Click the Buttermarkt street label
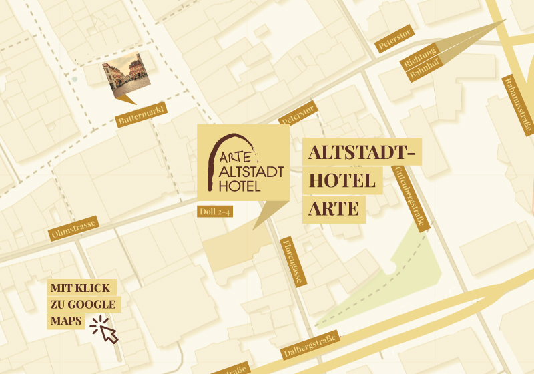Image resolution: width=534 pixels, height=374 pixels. click(x=141, y=115)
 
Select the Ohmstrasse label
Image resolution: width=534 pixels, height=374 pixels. click(x=75, y=228)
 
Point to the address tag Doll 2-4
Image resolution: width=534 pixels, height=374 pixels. click(x=215, y=212)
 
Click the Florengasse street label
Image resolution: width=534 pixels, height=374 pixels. click(x=292, y=261)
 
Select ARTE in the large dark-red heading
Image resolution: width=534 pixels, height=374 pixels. click(x=334, y=208)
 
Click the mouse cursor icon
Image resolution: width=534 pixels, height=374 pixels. click(x=105, y=329)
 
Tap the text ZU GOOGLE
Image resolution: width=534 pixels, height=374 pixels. click(x=83, y=305)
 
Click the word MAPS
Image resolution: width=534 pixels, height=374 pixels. click(x=66, y=321)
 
